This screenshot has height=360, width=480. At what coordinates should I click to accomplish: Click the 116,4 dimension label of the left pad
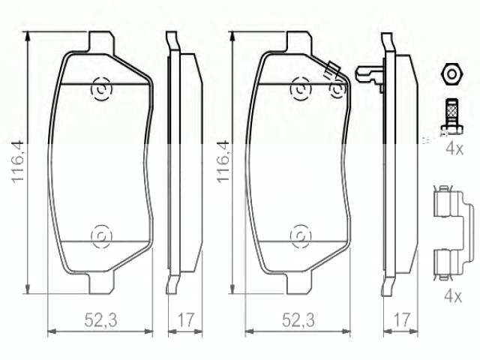[x=17, y=161]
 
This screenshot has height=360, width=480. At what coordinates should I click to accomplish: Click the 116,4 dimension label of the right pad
[x=223, y=161]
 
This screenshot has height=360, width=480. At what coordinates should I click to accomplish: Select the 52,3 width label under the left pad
[x=100, y=320]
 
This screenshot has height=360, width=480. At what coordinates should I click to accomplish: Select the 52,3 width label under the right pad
[x=298, y=320]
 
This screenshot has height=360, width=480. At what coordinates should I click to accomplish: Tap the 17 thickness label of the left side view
[x=186, y=320]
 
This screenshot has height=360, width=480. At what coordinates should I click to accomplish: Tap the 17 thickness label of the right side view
[x=401, y=320]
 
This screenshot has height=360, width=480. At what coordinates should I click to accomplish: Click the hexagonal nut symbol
[x=451, y=74]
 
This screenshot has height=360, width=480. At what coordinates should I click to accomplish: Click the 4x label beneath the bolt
[x=454, y=149]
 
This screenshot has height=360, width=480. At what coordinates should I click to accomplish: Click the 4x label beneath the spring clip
[x=453, y=296]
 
